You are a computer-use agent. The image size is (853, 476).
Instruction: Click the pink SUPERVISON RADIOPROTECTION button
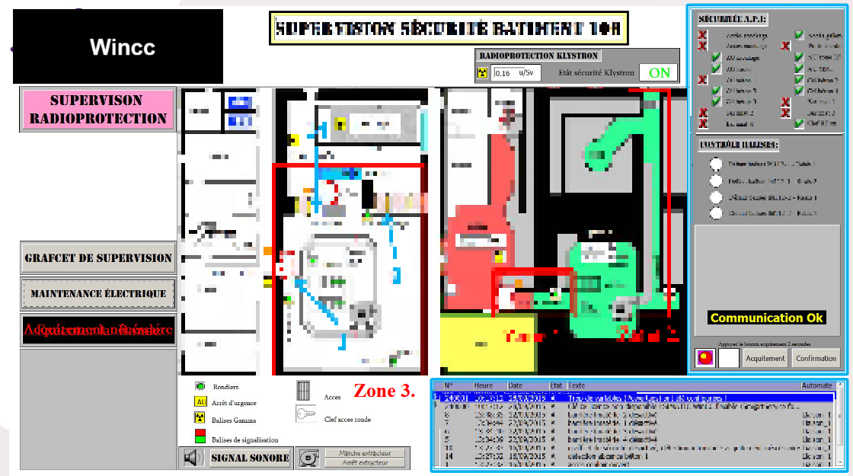pyautogui.click(x=97, y=110)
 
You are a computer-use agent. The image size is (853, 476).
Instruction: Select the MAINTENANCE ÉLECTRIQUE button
pyautogui.click(x=97, y=293)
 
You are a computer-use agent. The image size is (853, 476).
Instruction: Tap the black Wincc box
pyautogui.click(x=118, y=46)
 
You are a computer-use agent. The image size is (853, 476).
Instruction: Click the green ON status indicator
pyautogui.click(x=659, y=72)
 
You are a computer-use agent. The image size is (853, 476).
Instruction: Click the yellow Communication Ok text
pyautogui.click(x=767, y=318)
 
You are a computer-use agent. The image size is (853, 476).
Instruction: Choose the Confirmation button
pyautogui.click(x=816, y=358)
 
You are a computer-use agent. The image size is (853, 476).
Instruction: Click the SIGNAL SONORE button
pyautogui.click(x=250, y=458)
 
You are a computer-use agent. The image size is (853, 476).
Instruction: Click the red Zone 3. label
pyautogui.click(x=384, y=391)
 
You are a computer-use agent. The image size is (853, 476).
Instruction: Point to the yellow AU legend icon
pyautogui.click(x=201, y=402)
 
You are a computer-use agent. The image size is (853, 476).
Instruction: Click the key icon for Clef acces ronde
pyautogui.click(x=305, y=414)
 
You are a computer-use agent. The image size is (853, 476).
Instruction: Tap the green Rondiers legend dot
pyautogui.click(x=200, y=386)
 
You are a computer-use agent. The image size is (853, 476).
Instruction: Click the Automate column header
pyautogui.click(x=816, y=385)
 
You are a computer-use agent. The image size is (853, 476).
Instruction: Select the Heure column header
pyautogui.click(x=484, y=385)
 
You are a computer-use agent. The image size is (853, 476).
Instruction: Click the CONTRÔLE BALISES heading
pyautogui.click(x=739, y=145)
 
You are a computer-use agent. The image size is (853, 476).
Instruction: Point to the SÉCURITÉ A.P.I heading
pyautogui.click(x=733, y=19)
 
